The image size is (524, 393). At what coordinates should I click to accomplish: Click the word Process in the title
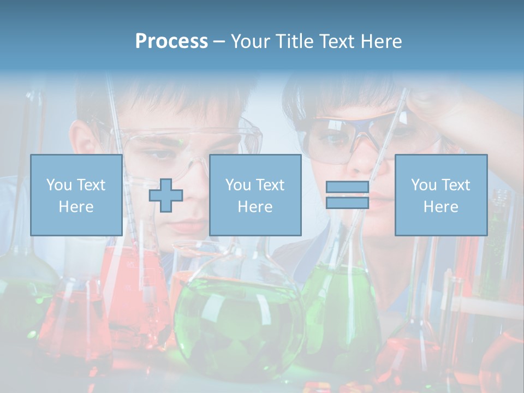point(171,41)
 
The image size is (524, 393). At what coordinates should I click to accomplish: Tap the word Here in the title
point(378,41)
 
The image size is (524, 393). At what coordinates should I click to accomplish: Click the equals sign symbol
point(347,195)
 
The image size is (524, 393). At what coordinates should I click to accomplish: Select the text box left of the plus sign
point(76,195)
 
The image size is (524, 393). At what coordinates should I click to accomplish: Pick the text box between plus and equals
point(255,195)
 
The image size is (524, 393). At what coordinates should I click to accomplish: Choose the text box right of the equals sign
point(440,195)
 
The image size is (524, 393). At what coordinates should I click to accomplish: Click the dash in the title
point(219,41)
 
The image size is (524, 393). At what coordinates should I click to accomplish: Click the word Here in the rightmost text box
point(440,207)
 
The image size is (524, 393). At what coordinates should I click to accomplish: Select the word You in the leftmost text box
point(58,185)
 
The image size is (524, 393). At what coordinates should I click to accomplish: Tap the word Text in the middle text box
point(269,185)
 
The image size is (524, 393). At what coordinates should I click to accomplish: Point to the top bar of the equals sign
point(347,187)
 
